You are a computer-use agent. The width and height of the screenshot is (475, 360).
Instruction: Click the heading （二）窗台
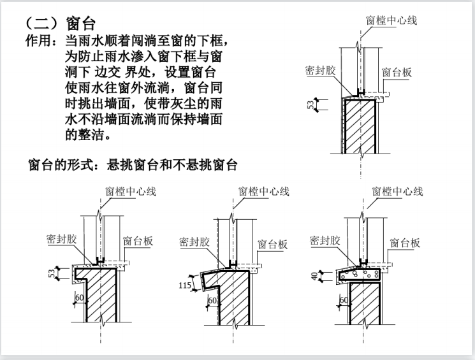pos(61,24)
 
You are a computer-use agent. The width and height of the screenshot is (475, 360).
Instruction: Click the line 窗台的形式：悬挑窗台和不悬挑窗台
pos(133,165)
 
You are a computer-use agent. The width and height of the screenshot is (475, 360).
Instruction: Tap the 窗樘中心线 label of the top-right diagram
pos(391,20)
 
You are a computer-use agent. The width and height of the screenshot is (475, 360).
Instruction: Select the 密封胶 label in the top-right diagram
pos(320,70)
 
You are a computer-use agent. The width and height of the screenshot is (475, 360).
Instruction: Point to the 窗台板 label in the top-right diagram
pos(397,73)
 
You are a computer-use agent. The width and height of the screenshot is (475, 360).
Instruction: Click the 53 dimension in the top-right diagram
pos(311,104)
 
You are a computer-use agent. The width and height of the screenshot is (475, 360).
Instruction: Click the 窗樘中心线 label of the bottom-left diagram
pos(131,191)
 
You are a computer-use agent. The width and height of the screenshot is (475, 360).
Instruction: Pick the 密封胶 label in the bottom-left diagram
pos(61,239)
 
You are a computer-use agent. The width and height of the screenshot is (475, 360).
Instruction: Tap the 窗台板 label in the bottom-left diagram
pos(138,241)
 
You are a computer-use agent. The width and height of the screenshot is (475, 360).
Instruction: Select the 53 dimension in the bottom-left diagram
pos(52,273)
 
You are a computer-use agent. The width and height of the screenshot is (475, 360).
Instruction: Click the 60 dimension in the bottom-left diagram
pos(79,298)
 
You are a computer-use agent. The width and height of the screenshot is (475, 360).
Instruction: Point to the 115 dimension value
pos(185,285)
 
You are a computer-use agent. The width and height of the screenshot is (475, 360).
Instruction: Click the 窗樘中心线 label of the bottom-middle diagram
pos(264,191)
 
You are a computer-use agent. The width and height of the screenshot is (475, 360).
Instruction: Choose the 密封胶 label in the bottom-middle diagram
pos(194,242)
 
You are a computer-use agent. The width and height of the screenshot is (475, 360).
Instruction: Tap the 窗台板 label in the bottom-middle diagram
pos(272,244)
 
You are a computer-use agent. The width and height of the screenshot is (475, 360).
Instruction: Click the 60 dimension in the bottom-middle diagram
pos(213,300)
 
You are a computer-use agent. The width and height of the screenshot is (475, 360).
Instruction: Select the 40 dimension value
pos(315,276)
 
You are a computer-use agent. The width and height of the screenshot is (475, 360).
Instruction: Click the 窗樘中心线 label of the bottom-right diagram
pos(397,191)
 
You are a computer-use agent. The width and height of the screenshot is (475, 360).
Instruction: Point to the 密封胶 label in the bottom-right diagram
pos(325,241)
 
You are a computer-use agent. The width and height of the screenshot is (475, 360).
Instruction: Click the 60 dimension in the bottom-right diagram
pos(344,300)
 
